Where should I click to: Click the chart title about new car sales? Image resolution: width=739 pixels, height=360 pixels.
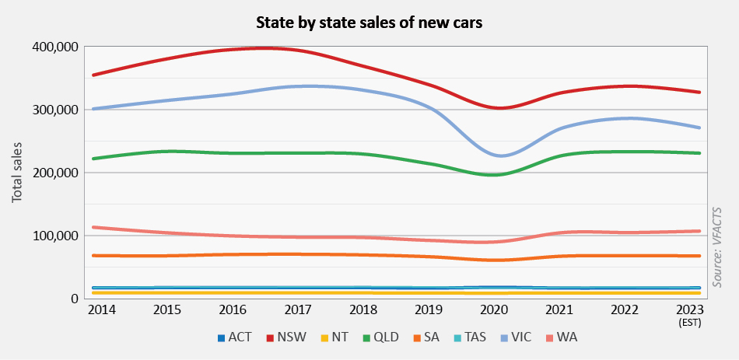(369, 23)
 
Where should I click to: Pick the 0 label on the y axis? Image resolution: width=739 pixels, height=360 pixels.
(74, 299)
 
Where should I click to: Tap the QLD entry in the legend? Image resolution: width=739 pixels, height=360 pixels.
(391, 338)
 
